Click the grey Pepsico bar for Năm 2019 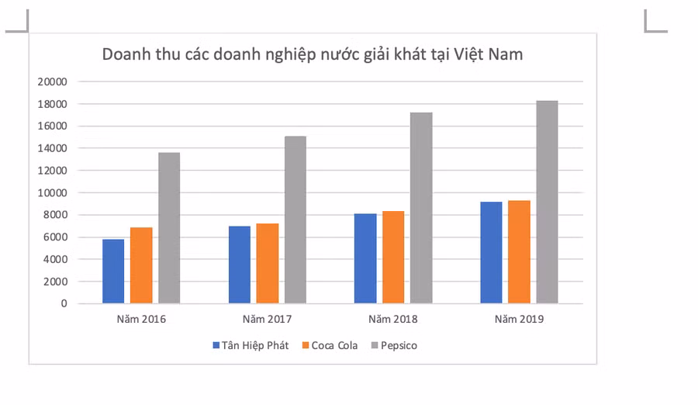pyautogui.click(x=547, y=202)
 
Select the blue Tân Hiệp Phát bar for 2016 pyautogui.click(x=113, y=271)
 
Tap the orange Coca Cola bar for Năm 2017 pyautogui.click(x=268, y=263)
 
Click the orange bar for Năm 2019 pyautogui.click(x=519, y=251)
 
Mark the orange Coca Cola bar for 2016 pyautogui.click(x=141, y=265)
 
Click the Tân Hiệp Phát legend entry pyautogui.click(x=250, y=345)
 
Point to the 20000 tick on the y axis pyautogui.click(x=53, y=81)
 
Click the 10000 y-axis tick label pyautogui.click(x=53, y=192)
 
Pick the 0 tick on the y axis pyautogui.click(x=64, y=303)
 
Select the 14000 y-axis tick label pyautogui.click(x=53, y=148)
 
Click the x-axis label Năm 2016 pyautogui.click(x=141, y=319)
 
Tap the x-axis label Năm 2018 pyautogui.click(x=393, y=319)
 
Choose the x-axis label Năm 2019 pyautogui.click(x=519, y=319)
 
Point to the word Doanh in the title pyautogui.click(x=126, y=54)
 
